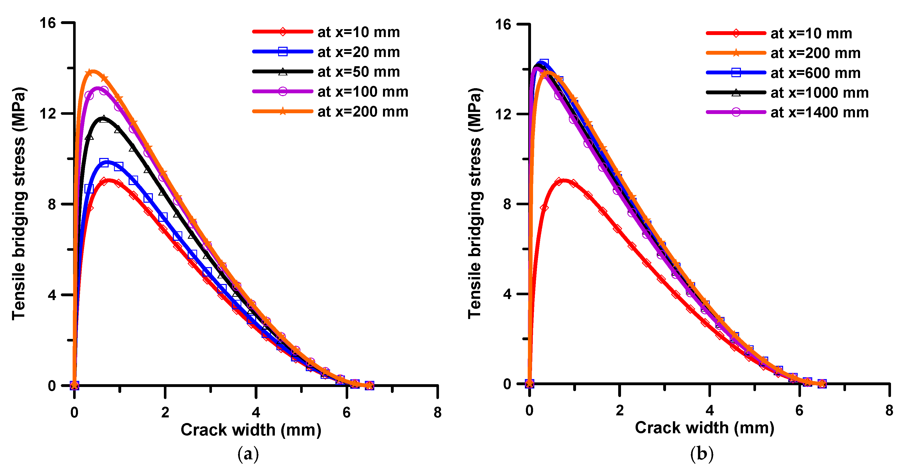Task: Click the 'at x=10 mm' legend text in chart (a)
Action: pos(358,32)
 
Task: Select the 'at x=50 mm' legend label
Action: pos(358,72)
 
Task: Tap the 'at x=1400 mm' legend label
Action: pos(820,112)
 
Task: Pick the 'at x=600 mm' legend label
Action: pos(815,73)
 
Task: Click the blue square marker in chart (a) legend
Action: pos(283,52)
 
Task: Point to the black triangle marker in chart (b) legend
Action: pos(736,93)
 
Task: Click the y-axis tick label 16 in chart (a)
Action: pos(48,23)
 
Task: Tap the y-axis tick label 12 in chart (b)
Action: pos(503,114)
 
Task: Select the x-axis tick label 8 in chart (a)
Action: pos(437,412)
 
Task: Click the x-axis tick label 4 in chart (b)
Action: pos(709,410)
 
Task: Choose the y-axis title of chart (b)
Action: pos(475,203)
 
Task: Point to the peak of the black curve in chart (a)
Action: pos(103,118)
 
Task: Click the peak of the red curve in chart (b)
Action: pos(564,180)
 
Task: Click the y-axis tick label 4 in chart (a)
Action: pos(52,295)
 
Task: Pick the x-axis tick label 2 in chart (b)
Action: pos(619,410)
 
